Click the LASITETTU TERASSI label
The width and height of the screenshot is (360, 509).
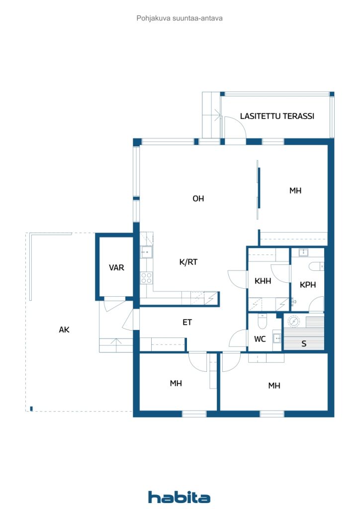277,116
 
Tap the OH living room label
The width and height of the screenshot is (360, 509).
198,198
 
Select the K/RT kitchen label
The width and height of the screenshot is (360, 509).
188,262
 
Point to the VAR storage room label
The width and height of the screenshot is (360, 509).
116,267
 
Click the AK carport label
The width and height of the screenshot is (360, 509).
64,330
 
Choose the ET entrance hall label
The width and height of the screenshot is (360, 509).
187,322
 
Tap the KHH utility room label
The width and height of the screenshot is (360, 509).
263,281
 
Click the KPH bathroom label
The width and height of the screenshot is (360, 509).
307,285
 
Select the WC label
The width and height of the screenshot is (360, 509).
260,339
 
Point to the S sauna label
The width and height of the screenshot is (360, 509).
304,343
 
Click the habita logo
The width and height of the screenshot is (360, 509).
179,497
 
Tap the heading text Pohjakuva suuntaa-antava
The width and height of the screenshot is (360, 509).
180,18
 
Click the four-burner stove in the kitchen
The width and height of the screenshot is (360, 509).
146,278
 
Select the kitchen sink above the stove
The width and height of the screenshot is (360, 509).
146,252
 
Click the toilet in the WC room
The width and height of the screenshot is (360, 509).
262,321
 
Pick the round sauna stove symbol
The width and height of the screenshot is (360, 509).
294,322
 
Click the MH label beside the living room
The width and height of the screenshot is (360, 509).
295,190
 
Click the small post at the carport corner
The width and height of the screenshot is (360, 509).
31,409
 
